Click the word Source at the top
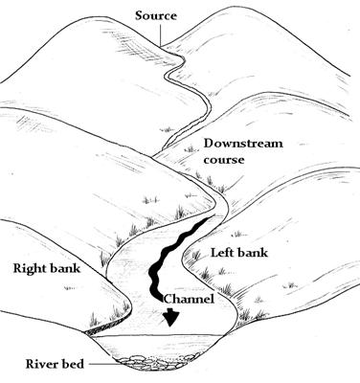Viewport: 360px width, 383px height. coord(158,15)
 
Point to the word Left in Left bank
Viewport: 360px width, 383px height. coord(224,253)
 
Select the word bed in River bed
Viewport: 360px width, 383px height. coord(65,363)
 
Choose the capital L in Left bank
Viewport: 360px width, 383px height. coord(214,253)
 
